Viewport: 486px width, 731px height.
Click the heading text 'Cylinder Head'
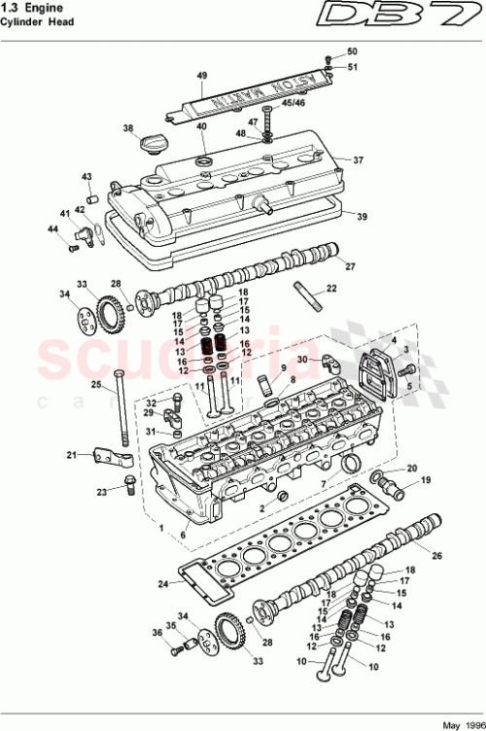(38, 23)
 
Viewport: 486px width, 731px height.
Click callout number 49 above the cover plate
(202, 76)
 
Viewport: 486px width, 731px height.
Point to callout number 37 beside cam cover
(358, 159)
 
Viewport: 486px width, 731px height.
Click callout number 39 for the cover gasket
(362, 216)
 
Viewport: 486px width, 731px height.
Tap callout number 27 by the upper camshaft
(350, 266)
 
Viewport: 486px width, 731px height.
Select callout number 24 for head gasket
(164, 584)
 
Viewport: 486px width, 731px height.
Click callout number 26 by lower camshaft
(436, 556)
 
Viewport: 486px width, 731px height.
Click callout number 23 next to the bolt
(101, 492)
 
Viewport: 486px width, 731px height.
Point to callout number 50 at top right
(352, 51)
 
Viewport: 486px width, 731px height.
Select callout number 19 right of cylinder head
(424, 480)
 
